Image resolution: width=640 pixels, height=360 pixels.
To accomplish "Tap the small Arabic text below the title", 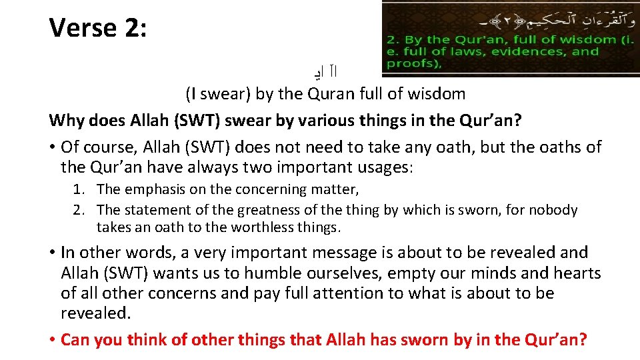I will pyautogui.click(x=331, y=70).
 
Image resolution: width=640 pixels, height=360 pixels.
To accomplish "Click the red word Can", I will pyautogui.click(x=76, y=339).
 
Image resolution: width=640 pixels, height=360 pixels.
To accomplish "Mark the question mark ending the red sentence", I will pyautogui.click(x=583, y=339).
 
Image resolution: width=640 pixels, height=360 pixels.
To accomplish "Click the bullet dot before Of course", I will pyautogui.click(x=52, y=147).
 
